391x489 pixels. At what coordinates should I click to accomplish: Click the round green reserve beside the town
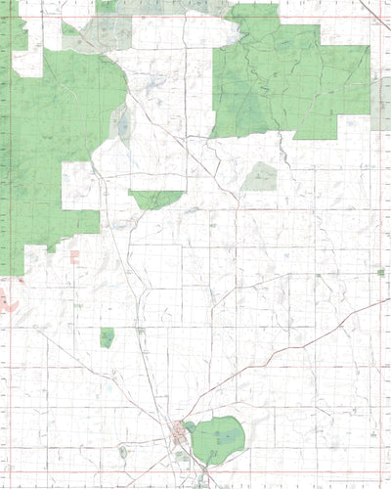click(218, 439)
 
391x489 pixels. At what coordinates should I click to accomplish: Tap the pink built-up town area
click(181, 429)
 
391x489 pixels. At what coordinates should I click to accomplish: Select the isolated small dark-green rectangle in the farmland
click(107, 337)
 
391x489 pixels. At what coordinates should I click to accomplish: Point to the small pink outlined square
click(74, 256)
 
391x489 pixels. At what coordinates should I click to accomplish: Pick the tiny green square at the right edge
click(380, 272)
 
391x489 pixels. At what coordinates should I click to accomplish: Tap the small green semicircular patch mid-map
click(154, 199)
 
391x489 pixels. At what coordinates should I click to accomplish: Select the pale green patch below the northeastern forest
click(260, 177)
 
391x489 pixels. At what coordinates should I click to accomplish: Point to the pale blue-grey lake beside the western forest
click(122, 123)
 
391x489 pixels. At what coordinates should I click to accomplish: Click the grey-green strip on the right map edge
click(380, 104)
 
